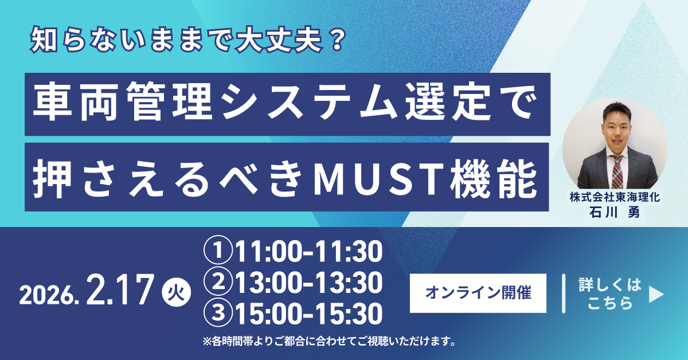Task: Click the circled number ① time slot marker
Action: pyautogui.click(x=218, y=251)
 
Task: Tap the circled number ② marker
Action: pyautogui.click(x=218, y=281)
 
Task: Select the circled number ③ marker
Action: pyautogui.click(x=218, y=312)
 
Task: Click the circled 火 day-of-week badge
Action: pyautogui.click(x=177, y=292)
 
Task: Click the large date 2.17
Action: pyautogui.click(x=120, y=289)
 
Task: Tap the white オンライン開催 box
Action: pyautogui.click(x=478, y=293)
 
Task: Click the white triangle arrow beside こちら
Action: pyautogui.click(x=656, y=294)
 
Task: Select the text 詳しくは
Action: pyautogui.click(x=610, y=285)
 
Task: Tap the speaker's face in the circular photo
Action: pyautogui.click(x=617, y=131)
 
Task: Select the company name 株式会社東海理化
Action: pyautogui.click(x=615, y=197)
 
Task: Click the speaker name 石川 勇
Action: pyautogui.click(x=615, y=212)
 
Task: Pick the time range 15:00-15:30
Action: pyautogui.click(x=308, y=314)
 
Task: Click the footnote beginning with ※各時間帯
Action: pyautogui.click(x=329, y=341)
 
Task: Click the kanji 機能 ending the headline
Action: pyautogui.click(x=493, y=179)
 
